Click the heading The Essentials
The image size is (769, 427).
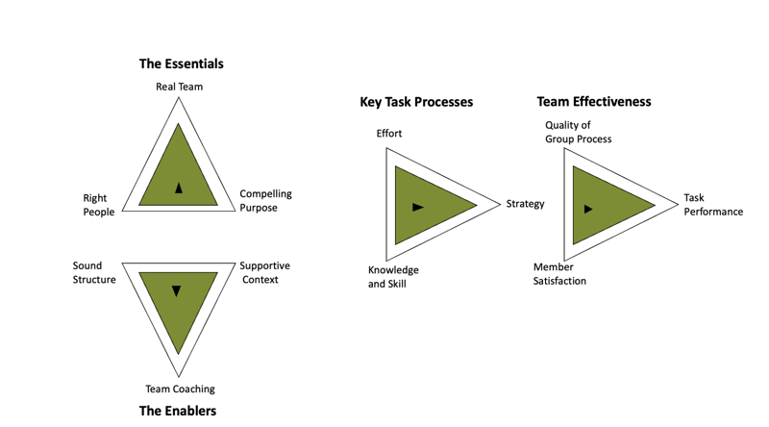click(181, 63)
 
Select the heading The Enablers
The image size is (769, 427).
click(178, 411)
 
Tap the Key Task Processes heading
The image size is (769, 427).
click(416, 102)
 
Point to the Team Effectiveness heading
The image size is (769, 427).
click(593, 101)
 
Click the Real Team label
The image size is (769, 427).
click(179, 87)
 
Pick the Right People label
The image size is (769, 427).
click(98, 205)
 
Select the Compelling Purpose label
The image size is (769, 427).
click(265, 200)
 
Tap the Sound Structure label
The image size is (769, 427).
click(94, 272)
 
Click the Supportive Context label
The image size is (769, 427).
click(264, 272)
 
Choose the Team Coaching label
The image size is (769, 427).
click(180, 389)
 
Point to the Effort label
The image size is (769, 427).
click(389, 134)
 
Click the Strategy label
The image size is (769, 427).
click(525, 204)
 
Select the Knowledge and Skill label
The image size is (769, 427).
click(393, 277)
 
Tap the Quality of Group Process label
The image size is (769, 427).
click(578, 132)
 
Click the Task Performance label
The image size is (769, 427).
click(712, 205)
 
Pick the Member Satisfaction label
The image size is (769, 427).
click(559, 274)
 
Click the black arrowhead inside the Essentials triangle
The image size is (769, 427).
click(179, 188)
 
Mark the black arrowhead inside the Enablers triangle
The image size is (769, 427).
click(176, 290)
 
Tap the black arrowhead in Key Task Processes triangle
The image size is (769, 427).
click(417, 207)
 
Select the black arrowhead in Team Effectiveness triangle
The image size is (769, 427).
click(588, 209)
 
